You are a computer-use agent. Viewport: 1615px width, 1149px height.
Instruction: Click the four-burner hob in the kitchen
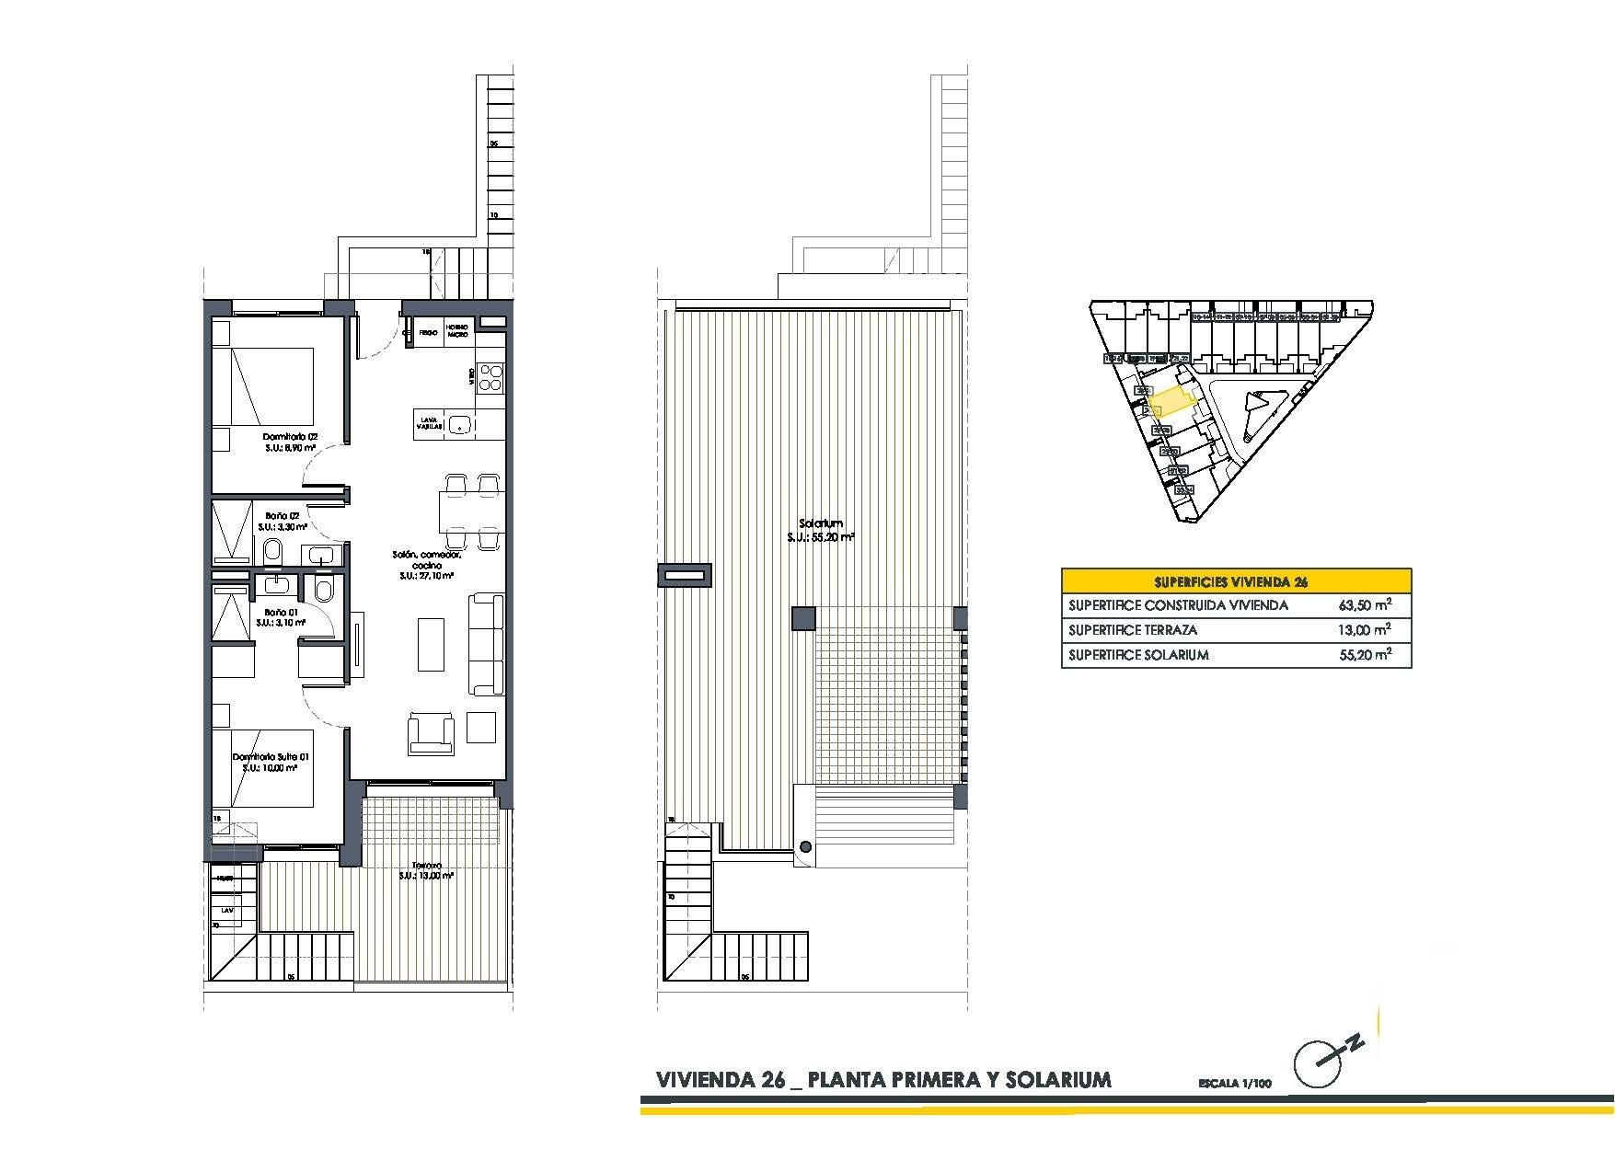click(x=490, y=377)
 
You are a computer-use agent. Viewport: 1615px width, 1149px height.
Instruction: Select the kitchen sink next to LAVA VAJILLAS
click(x=460, y=424)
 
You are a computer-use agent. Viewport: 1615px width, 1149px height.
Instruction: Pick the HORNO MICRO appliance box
click(x=458, y=331)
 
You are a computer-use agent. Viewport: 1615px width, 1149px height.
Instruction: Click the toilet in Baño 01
click(x=323, y=589)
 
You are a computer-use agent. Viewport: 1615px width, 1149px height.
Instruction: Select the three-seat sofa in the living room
click(x=487, y=645)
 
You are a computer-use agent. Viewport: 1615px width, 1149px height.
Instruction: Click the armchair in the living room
click(x=432, y=732)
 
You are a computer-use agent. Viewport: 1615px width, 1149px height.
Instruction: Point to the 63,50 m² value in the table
click(x=1363, y=605)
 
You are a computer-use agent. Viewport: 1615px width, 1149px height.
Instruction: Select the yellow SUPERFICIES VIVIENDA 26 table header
click(x=1236, y=581)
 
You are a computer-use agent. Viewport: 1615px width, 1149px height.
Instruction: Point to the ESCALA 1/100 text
click(x=1234, y=1084)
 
